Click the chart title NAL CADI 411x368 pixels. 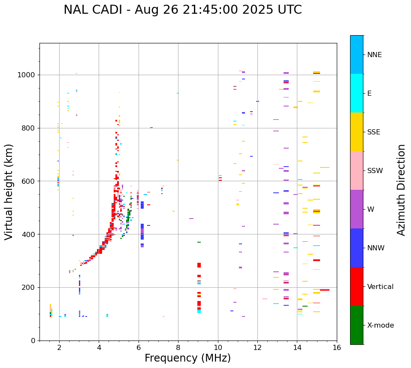(x=182, y=10)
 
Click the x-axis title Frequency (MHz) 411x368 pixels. (x=187, y=358)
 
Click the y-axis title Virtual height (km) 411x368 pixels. (x=9, y=192)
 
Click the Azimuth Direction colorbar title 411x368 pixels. (x=401, y=190)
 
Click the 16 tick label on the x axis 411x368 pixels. (x=337, y=347)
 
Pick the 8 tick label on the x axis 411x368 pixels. (x=178, y=347)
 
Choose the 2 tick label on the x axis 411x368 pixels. (x=59, y=347)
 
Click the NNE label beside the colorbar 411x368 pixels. (x=375, y=55)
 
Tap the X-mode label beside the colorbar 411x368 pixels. (x=381, y=325)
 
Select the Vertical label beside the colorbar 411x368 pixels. (x=381, y=287)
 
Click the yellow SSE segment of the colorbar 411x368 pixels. (x=357, y=132)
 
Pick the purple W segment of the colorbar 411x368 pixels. (x=357, y=209)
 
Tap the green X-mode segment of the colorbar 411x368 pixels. (x=357, y=325)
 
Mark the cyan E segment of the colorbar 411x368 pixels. (x=357, y=93)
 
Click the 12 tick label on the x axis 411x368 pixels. (x=257, y=347)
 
